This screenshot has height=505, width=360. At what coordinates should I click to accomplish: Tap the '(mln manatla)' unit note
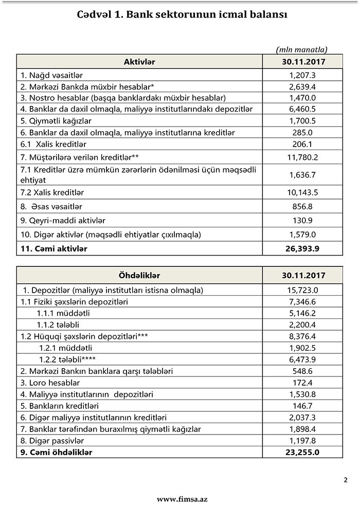coord(301,50)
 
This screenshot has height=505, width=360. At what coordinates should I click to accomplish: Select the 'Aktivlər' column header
coord(139,62)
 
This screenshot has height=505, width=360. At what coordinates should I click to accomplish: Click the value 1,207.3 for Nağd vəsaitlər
coord(302,75)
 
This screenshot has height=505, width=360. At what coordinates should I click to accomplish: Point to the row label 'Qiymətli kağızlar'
coord(56,121)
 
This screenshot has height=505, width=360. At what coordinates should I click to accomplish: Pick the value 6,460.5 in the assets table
coord(302,110)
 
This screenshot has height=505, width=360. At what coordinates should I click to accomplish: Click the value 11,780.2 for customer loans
coord(302,156)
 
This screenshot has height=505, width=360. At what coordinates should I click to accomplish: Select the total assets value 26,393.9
coord(302,249)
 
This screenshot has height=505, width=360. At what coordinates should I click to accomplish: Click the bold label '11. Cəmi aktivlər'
coord(53,249)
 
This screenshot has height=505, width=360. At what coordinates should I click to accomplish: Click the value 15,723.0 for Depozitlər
coord(302,290)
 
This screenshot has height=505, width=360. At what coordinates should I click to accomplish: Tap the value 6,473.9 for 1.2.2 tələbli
coord(302,359)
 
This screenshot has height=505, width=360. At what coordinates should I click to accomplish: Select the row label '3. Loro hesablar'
coord(50,383)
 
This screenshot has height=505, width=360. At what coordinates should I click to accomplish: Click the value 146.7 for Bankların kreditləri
coord(302,406)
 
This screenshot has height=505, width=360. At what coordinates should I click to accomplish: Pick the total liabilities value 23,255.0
coord(302,453)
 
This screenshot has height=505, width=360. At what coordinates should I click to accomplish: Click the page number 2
coord(345,480)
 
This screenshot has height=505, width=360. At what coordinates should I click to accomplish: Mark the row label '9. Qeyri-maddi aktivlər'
coord(63,221)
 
